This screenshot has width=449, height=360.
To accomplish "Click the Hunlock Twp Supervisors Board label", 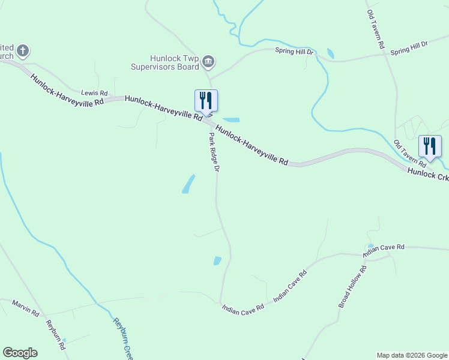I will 164,62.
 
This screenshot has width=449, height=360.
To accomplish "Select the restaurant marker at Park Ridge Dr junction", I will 206,101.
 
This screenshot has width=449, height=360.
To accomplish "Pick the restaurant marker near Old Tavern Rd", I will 430,146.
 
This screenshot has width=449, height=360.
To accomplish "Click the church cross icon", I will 23,50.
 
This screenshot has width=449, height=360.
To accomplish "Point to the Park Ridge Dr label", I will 214,152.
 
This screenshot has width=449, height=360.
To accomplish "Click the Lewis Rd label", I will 95,94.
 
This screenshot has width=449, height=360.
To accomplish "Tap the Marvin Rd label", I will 25,308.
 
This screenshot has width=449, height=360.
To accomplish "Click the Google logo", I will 20,353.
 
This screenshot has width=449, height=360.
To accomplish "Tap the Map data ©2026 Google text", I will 411,355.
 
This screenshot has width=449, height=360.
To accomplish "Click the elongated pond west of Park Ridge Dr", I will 188,184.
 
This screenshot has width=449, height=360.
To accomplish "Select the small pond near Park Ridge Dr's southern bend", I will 217,261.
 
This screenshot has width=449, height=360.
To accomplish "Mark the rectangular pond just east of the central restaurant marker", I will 231,120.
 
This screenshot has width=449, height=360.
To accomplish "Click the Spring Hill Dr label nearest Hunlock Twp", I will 294,52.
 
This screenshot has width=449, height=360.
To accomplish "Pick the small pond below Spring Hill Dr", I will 330,53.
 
